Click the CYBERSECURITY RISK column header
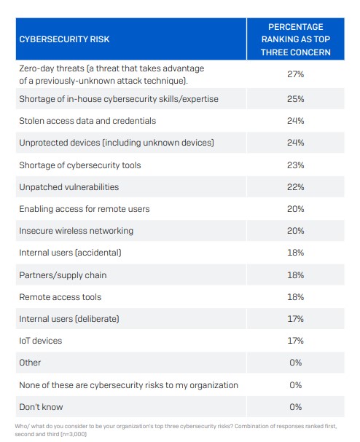[x=64, y=39]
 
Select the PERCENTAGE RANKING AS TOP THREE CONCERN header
[x=295, y=39]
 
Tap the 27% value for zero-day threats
[x=295, y=74]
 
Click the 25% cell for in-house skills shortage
[x=295, y=99]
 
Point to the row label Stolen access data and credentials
[x=87, y=121]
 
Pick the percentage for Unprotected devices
[x=295, y=143]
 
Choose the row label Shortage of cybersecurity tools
[x=80, y=165]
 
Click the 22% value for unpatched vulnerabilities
[x=295, y=187]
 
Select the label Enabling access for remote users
[x=85, y=209]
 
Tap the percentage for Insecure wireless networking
[x=295, y=231]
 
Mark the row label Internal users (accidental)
[x=70, y=253]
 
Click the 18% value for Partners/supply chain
[x=295, y=275]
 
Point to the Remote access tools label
[x=60, y=297]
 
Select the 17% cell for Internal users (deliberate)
[x=295, y=319]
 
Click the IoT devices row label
[x=40, y=341]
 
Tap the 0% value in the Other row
[x=295, y=363]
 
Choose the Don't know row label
[x=41, y=407]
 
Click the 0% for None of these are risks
[x=295, y=385]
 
